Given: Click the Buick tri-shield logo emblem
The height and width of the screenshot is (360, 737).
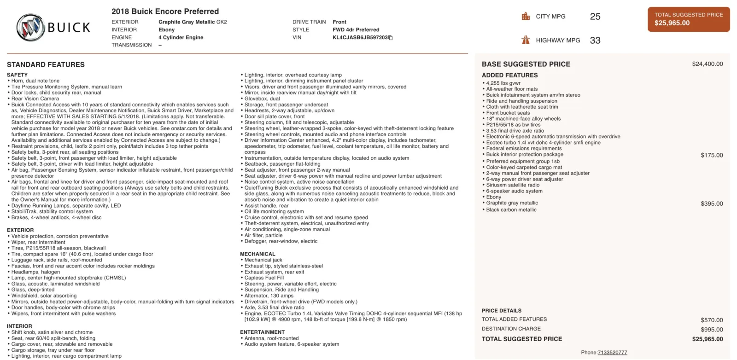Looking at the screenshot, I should [31, 27].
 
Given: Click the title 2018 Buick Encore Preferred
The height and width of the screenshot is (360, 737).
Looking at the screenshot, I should [165, 12].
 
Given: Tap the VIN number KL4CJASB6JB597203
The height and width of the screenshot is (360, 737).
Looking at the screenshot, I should [360, 38].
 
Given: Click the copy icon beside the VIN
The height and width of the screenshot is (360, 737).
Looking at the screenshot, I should [391, 38].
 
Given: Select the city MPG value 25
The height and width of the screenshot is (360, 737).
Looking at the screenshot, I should [595, 17].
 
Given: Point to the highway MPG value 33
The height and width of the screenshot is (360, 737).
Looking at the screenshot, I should [595, 41].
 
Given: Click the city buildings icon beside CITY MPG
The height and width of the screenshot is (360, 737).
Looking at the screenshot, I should [526, 17].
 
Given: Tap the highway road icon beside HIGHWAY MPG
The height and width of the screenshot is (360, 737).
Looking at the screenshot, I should [526, 40].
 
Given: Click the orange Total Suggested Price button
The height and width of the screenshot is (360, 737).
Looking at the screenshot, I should [689, 19].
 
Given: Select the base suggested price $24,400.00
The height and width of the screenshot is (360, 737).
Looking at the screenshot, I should [707, 64].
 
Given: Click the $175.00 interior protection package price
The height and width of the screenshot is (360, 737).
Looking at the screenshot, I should [712, 155].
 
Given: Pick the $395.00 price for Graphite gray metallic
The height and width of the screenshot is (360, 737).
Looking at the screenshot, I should [712, 203].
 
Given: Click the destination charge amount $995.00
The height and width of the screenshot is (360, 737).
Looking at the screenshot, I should [712, 330].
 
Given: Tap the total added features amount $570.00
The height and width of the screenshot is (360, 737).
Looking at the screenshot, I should [712, 320].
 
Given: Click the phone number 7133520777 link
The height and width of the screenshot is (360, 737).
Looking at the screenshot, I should [612, 353].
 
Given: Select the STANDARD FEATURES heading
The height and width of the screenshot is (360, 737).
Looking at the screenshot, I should [46, 65].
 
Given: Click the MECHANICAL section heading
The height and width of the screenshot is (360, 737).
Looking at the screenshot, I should [257, 254].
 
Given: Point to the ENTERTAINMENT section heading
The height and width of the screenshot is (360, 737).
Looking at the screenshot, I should [262, 332].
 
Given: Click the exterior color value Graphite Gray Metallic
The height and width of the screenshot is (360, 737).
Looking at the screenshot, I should [193, 22].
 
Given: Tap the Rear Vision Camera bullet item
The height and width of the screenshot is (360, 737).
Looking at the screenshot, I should [35, 99].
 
